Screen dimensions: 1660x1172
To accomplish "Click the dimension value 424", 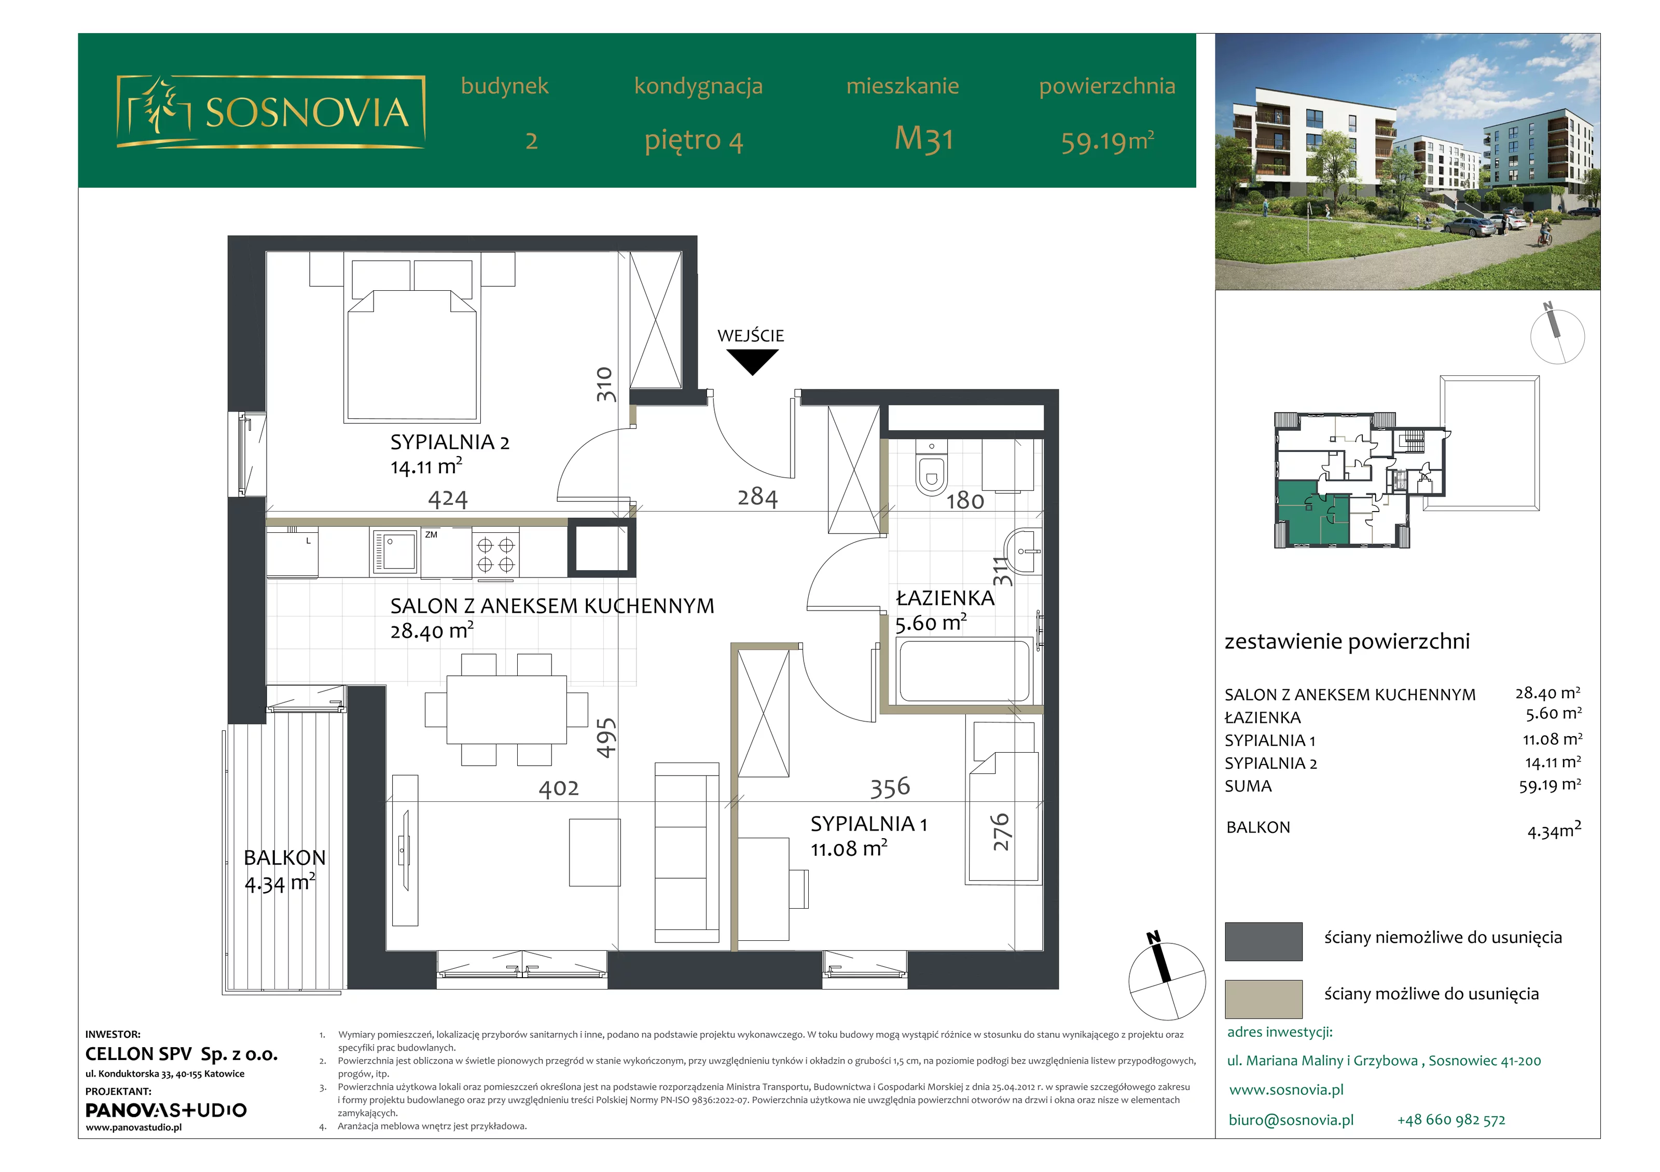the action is tap(448, 499).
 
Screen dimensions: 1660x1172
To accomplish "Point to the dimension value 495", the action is tap(606, 738).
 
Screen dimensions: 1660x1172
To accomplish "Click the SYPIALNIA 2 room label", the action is tap(450, 442).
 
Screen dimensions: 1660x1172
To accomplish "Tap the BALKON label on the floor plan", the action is tap(284, 858).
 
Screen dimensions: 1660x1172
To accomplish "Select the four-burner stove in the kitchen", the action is tap(495, 554).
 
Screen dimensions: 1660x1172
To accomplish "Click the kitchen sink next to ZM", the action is tap(395, 552).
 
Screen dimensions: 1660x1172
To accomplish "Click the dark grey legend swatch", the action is tap(1263, 941).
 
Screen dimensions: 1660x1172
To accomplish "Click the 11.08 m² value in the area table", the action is tap(1552, 739).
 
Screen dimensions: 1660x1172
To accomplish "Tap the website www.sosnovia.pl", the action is tap(1286, 1090).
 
